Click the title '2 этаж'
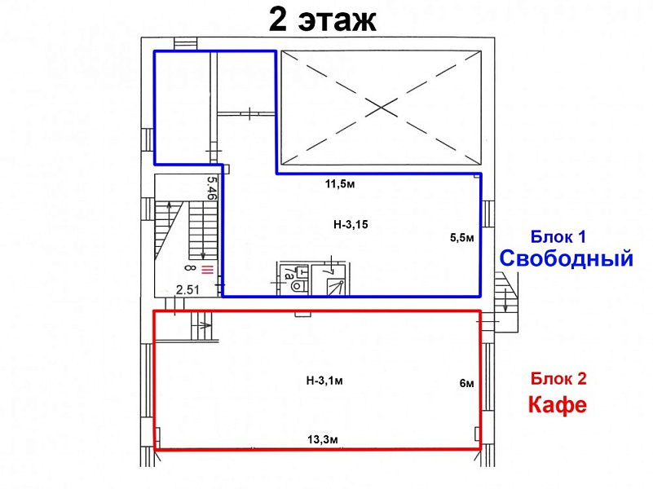tap(323, 19)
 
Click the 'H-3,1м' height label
tap(324, 379)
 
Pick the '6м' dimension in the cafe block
tap(466, 381)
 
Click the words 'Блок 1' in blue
tap(558, 237)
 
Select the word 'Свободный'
tap(567, 259)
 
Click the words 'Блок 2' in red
tap(558, 378)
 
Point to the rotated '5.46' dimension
tap(211, 188)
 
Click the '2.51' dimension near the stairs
tap(189, 289)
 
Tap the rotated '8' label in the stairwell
tap(188, 267)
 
